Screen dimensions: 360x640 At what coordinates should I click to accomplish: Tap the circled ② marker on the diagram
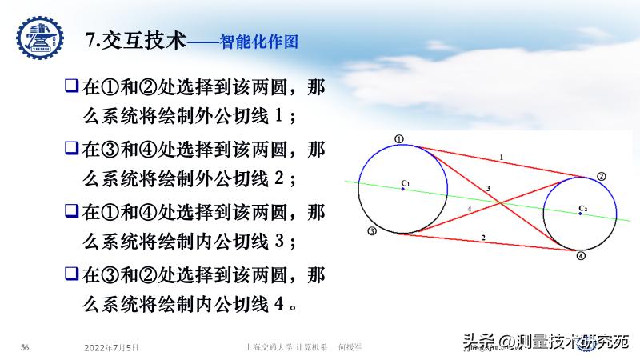602,176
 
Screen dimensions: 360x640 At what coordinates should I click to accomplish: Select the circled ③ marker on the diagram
372,231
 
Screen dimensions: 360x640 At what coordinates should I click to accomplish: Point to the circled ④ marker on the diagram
582,256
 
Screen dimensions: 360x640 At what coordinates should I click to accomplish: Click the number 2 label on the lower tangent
483,238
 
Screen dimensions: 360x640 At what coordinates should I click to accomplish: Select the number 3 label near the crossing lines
488,187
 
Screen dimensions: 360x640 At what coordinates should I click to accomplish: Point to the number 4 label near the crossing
470,210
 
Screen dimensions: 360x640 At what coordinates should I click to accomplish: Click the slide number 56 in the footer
25,347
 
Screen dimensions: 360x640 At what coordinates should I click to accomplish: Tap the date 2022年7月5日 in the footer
112,347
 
